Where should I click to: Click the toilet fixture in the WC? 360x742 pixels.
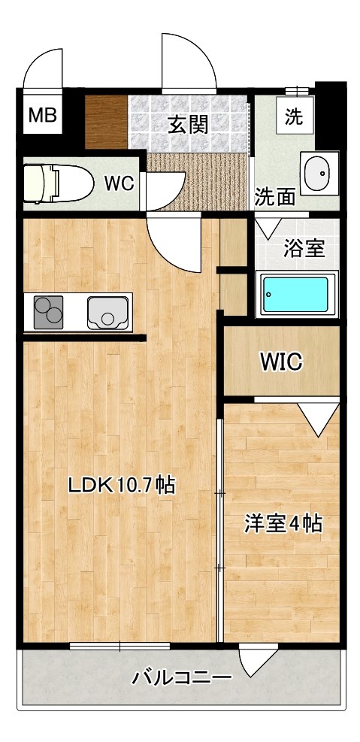[x=54, y=182]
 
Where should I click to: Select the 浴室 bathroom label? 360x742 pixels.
[x=302, y=249]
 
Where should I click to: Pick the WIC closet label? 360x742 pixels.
[x=281, y=362]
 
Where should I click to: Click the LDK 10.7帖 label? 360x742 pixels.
[x=121, y=486]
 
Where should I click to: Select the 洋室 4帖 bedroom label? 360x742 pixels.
[x=283, y=523]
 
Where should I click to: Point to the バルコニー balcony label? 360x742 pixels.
[x=181, y=677]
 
